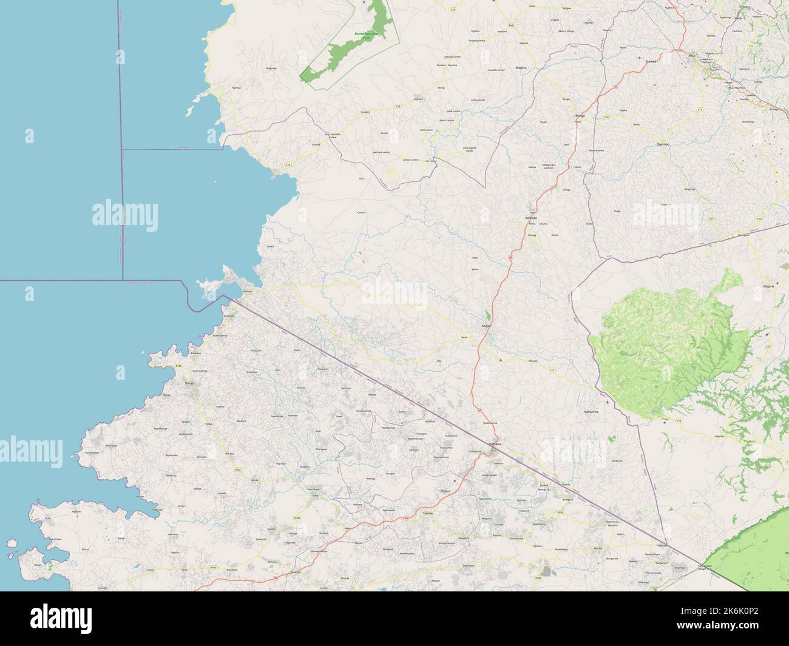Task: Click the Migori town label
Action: point(486,326)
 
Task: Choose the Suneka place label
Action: point(651,61)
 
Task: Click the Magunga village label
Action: point(272,69)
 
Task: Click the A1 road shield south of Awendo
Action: point(511,258)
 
